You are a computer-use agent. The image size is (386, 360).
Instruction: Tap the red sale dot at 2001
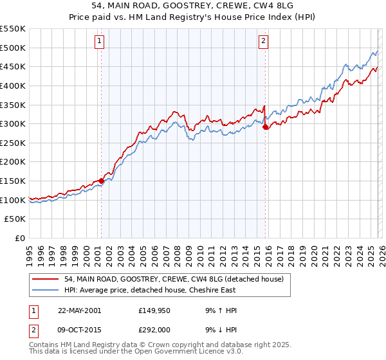point(101,181)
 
